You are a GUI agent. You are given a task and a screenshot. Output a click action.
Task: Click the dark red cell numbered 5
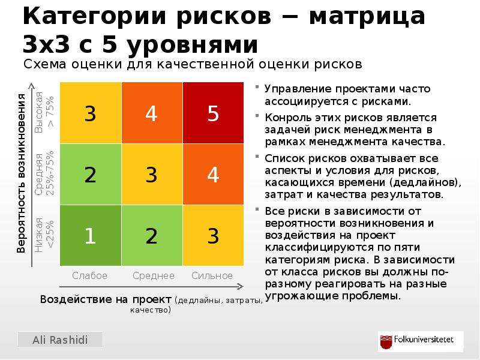(x=214, y=113)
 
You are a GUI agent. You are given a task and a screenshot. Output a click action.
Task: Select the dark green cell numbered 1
(x=91, y=235)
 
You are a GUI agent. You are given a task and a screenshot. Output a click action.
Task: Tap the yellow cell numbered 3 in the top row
(x=91, y=113)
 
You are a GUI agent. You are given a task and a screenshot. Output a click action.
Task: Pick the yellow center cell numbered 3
(x=152, y=174)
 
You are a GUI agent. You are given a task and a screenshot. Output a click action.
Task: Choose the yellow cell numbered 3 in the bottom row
(x=214, y=235)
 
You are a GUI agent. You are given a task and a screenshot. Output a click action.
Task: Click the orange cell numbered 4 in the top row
(x=152, y=113)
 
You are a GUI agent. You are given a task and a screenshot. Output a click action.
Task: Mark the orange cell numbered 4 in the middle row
(x=214, y=174)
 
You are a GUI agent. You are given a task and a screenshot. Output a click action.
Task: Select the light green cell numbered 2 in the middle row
(x=91, y=174)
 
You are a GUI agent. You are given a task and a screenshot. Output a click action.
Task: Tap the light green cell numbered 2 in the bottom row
(x=152, y=235)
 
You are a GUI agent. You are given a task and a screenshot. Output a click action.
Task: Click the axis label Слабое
(x=89, y=275)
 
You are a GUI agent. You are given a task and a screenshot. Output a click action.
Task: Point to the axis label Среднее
(x=154, y=275)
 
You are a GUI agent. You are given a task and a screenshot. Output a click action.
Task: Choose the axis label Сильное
(x=212, y=275)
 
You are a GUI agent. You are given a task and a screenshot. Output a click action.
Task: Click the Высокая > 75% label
(x=44, y=112)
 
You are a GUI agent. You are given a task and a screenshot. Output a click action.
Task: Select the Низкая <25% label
(x=44, y=235)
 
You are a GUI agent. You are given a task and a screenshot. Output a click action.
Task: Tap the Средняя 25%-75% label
(x=44, y=173)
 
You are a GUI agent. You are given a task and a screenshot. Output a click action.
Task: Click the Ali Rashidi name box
(x=61, y=340)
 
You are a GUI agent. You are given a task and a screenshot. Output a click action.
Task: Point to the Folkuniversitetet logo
(x=421, y=341)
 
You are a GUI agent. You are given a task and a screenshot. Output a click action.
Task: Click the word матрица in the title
(x=367, y=16)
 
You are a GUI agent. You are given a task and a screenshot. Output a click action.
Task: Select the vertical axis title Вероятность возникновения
(x=21, y=173)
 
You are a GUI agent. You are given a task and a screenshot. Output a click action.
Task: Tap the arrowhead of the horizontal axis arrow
(x=241, y=287)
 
